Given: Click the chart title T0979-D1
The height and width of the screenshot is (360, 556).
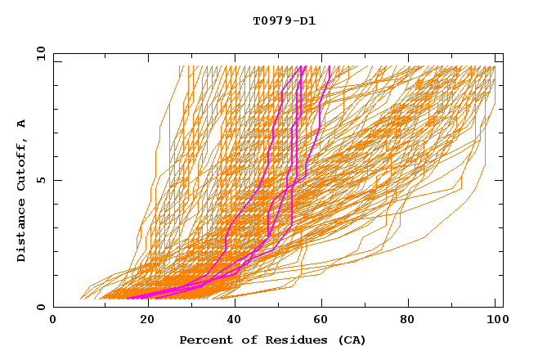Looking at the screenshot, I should (284, 21).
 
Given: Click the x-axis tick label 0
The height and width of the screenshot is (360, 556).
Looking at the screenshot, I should (53, 321).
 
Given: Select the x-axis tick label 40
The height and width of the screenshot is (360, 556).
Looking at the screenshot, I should (235, 321).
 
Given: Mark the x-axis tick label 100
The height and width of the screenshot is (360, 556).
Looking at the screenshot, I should (495, 321).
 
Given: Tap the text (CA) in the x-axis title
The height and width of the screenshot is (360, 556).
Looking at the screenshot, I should (352, 340).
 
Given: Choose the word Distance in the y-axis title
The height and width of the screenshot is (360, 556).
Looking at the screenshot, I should (22, 229).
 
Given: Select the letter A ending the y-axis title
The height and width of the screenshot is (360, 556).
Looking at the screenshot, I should (22, 123).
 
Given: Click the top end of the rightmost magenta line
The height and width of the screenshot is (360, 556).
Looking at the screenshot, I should (329, 66).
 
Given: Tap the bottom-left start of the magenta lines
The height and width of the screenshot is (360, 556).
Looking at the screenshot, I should (128, 298).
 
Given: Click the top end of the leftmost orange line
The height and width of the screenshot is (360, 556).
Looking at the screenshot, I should (182, 66).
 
